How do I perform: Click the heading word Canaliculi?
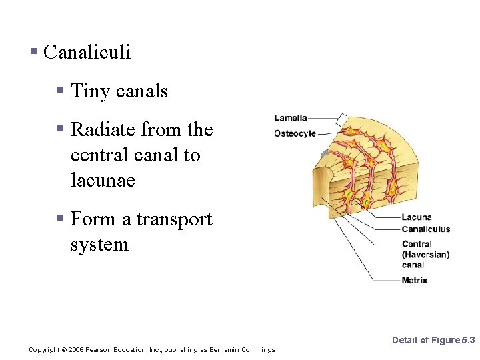(x=87, y=53)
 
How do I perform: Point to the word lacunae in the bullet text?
(x=103, y=180)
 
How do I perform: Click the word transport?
(x=173, y=219)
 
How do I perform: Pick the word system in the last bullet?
(x=99, y=245)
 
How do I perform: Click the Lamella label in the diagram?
(x=291, y=118)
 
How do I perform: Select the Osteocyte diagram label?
(x=295, y=133)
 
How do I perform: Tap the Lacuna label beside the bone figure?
(x=417, y=217)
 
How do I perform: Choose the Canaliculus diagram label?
(x=426, y=229)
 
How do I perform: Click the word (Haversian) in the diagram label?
(x=425, y=255)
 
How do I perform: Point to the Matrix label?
(x=415, y=281)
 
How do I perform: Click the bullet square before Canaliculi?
(x=34, y=52)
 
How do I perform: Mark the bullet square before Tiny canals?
(x=61, y=91)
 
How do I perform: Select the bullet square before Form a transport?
(x=61, y=219)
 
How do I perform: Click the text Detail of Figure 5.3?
(x=433, y=341)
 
